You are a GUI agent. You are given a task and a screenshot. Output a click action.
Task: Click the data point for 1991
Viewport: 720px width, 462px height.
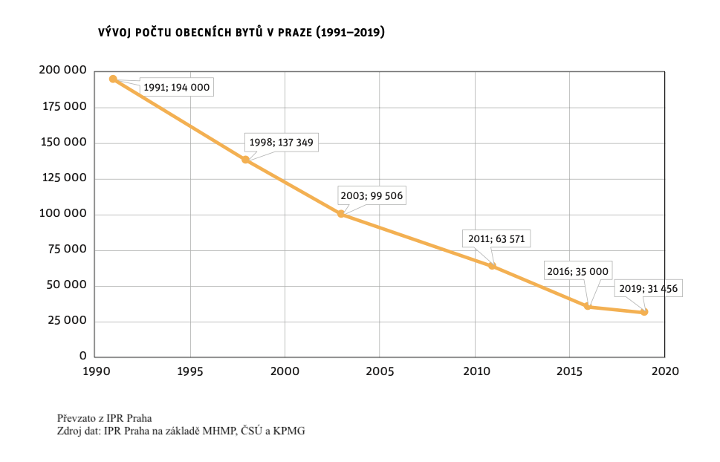pos(113,79)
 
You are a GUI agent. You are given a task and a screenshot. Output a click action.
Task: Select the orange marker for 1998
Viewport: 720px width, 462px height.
pos(245,160)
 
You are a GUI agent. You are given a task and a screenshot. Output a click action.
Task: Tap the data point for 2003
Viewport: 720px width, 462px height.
pos(341,214)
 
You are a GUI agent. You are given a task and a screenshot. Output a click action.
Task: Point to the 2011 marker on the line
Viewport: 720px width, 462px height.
pos(492,266)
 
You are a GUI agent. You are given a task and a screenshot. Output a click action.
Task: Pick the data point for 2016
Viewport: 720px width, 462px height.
pos(588,306)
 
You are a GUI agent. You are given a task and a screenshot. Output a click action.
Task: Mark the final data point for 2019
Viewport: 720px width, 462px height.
pos(644,312)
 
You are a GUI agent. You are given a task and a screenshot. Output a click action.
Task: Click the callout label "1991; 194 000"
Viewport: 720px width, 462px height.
pos(177,88)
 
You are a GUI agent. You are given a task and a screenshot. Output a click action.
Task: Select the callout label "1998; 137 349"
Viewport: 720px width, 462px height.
pos(282,142)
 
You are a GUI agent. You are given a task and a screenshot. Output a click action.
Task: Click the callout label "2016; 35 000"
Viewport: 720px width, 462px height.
pos(577,272)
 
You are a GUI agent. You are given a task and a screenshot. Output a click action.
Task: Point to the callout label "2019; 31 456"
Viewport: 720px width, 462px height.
pos(648,288)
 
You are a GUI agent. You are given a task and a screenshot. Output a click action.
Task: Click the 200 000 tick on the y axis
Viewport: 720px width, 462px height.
pos(62,71)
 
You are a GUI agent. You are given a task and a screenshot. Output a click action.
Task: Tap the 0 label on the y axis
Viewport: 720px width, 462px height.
pos(83,357)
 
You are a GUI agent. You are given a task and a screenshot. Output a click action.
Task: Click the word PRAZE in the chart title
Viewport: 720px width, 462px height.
pos(291,33)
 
